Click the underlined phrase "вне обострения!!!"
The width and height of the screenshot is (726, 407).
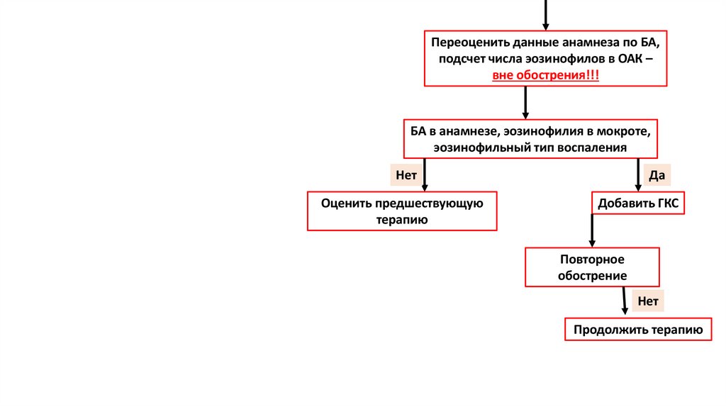point(545,75)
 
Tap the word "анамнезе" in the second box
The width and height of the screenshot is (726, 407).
point(472,132)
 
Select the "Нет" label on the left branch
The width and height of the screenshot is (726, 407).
point(406,174)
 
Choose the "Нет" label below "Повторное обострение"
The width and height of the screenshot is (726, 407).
point(648,301)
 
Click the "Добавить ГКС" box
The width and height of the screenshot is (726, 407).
point(638,204)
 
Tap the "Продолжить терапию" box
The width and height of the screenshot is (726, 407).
point(638,330)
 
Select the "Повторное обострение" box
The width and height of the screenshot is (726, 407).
point(592,267)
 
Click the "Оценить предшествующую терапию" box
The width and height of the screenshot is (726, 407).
point(402,211)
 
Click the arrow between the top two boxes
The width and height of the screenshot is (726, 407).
point(525,102)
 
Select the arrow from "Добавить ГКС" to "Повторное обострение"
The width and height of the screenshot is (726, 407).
point(592,230)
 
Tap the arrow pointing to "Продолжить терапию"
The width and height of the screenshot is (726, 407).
point(625,301)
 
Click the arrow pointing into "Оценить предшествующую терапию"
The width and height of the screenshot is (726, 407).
point(424,175)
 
